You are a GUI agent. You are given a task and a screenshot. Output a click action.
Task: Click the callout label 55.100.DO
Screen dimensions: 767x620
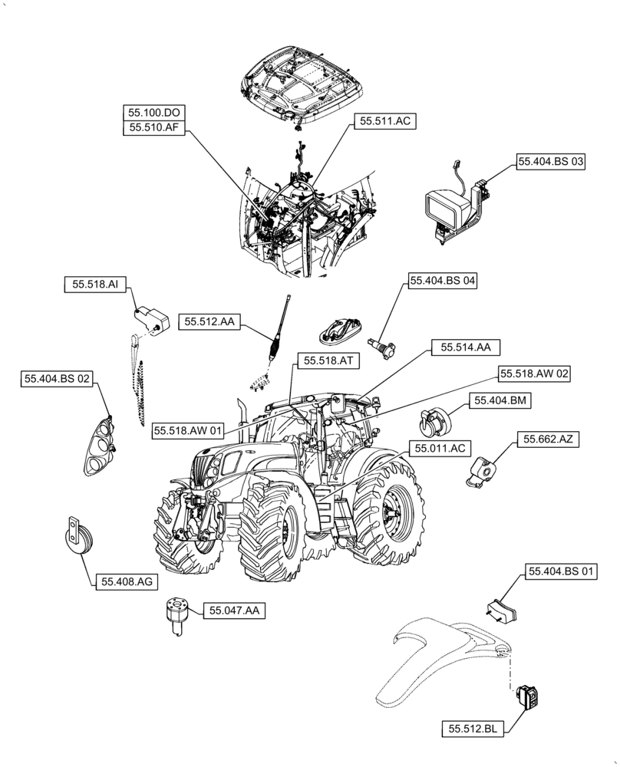[154, 113]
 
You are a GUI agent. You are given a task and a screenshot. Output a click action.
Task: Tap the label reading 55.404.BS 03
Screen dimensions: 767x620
[551, 162]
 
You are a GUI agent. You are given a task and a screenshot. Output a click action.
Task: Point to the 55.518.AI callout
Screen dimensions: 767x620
[95, 285]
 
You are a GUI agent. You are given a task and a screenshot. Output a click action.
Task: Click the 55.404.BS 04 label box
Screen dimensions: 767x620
[443, 281]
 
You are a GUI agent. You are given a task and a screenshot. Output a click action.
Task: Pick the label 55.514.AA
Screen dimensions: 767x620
[465, 347]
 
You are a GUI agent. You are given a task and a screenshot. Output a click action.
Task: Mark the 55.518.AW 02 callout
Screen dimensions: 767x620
[535, 374]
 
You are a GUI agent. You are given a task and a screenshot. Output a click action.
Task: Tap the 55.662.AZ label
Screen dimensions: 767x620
[549, 439]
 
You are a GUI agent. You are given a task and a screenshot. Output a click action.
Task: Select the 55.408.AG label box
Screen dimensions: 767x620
[127, 582]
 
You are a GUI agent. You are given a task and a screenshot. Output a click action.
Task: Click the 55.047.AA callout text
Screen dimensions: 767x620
[233, 611]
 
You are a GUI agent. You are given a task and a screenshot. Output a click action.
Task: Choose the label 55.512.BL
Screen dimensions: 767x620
[473, 729]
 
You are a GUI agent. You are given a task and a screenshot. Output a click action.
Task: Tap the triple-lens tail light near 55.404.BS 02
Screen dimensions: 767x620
[97, 446]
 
